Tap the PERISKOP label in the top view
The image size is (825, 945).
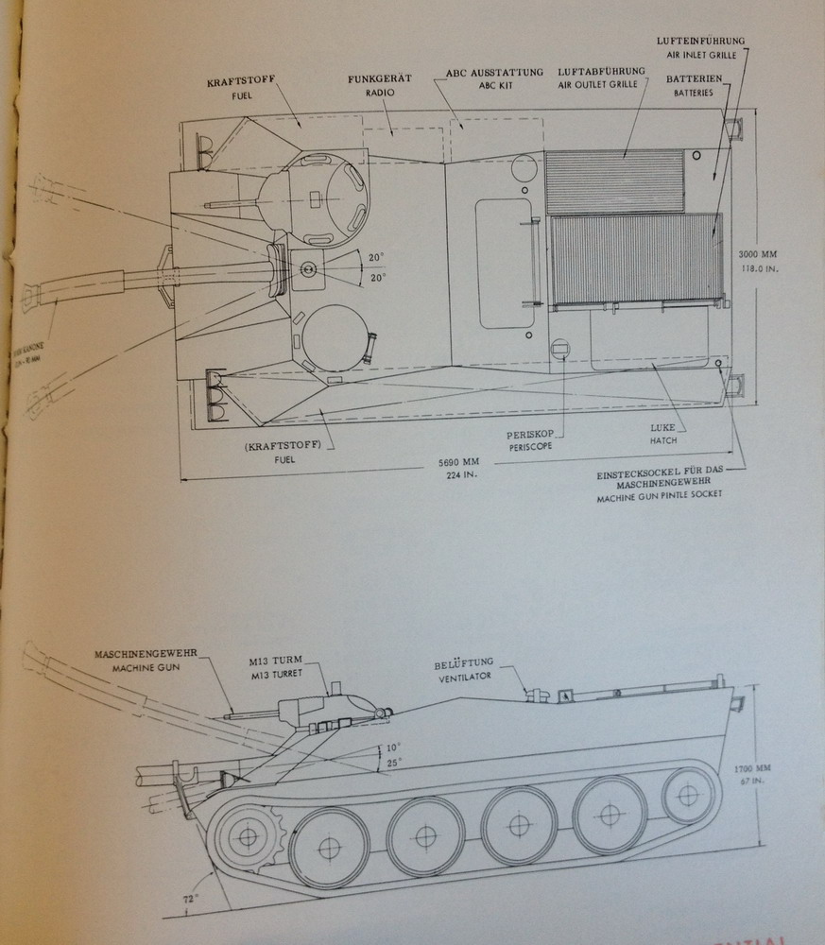[527, 438]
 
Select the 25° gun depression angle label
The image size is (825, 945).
[394, 762]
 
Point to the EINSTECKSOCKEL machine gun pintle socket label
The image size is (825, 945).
[660, 483]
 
